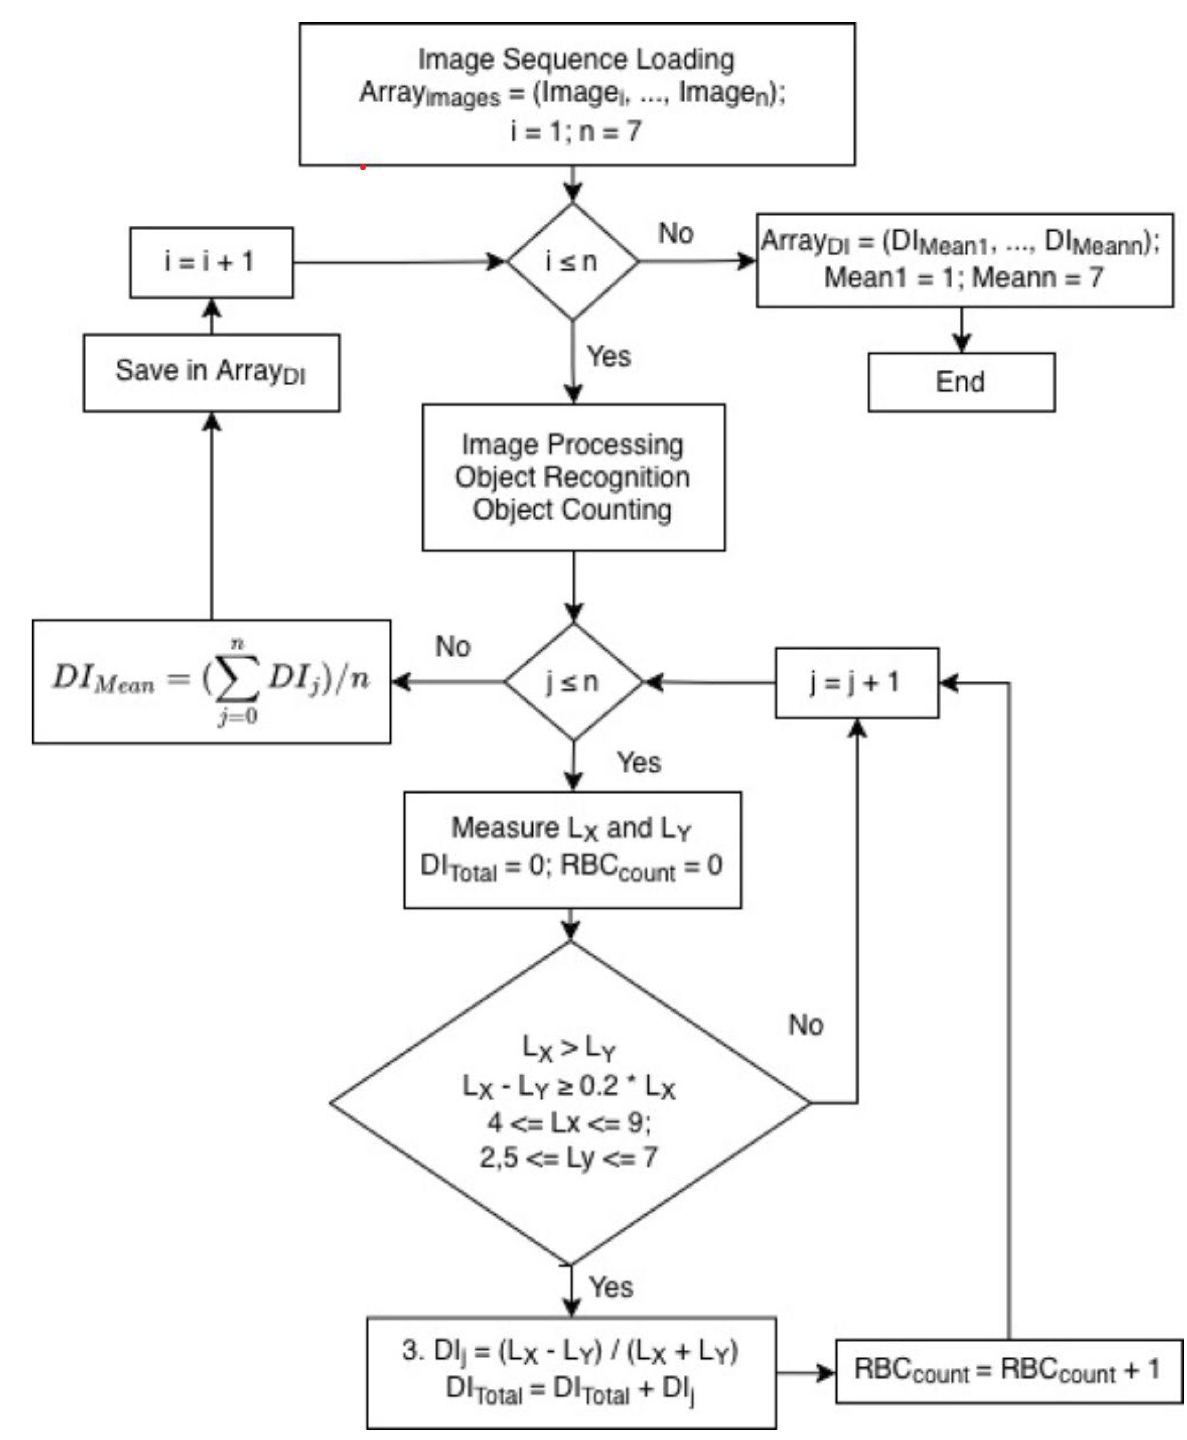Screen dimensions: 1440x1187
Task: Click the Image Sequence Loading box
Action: (576, 94)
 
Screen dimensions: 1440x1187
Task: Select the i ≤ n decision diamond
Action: (572, 261)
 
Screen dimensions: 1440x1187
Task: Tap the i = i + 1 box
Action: (211, 262)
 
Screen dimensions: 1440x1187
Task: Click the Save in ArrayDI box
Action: (211, 373)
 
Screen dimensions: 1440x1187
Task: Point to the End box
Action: (961, 382)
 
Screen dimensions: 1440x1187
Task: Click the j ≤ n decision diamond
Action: (573, 682)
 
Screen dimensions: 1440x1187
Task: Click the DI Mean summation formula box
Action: (211, 681)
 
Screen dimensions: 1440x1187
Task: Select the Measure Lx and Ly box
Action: (572, 849)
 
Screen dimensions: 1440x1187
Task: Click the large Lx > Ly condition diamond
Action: (570, 1102)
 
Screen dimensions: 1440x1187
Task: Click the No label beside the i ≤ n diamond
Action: (676, 234)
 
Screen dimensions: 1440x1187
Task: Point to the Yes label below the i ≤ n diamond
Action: (608, 356)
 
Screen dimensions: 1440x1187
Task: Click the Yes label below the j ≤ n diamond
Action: (639, 763)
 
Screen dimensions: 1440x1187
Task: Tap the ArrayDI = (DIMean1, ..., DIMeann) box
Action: (964, 260)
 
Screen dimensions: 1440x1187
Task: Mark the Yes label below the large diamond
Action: (611, 1287)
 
